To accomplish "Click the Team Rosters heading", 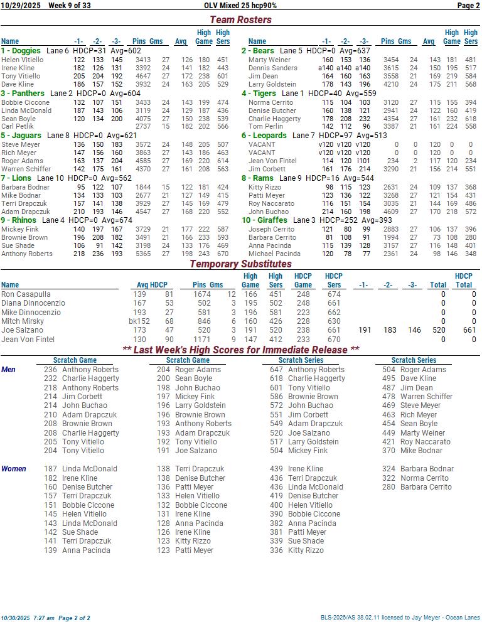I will tap(240, 19).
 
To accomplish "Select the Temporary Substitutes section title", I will tap(240, 264).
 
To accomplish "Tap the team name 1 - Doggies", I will tap(21, 51).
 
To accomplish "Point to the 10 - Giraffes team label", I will tap(264, 220).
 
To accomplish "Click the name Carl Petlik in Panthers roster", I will tap(17, 127).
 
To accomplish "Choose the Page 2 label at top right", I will tap(468, 6).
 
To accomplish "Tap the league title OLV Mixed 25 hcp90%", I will tap(240, 6).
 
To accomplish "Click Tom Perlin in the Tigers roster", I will tap(265, 127).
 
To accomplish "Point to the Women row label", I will tap(14, 469).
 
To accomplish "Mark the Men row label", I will tap(9, 370).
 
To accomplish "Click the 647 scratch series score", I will tap(276, 370).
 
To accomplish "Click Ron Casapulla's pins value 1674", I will tap(201, 294).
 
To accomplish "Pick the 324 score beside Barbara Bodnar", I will tap(388, 469).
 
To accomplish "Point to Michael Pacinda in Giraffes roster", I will tap(274, 254).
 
